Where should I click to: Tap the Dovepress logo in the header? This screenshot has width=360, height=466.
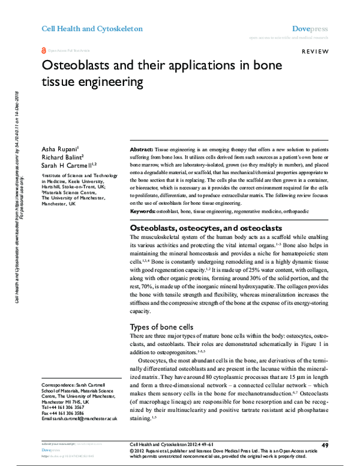[x=308, y=28]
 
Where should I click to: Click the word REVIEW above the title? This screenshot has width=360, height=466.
[x=314, y=53]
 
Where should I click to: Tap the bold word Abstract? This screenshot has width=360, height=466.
[x=142, y=148]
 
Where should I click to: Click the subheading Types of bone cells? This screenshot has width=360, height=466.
[x=163, y=327]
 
